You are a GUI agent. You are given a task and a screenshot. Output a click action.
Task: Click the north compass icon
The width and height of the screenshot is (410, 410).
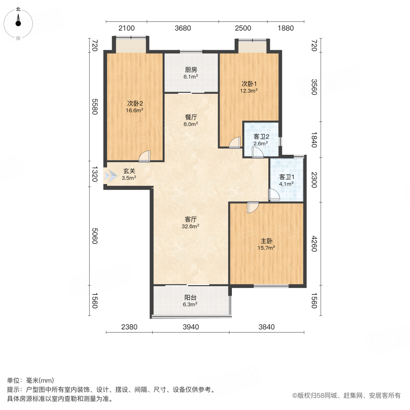pyautogui.click(x=18, y=22)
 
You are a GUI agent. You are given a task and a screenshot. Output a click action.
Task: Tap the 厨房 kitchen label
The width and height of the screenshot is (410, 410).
pyautogui.click(x=191, y=70)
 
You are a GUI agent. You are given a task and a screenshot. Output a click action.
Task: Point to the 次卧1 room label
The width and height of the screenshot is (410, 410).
pyautogui.click(x=249, y=84)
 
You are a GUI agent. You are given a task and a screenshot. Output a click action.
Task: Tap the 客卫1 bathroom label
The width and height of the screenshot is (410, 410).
pyautogui.click(x=287, y=177)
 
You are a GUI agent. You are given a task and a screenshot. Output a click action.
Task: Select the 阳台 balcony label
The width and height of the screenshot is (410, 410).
pyautogui.click(x=191, y=297)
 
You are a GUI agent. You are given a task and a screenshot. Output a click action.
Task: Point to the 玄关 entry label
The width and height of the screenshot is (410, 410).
pyautogui.click(x=128, y=171)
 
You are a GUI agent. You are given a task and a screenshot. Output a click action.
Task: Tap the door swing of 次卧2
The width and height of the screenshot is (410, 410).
pyautogui.click(x=144, y=156)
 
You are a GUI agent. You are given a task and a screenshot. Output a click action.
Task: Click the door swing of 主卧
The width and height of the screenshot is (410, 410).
pyautogui.click(x=252, y=208)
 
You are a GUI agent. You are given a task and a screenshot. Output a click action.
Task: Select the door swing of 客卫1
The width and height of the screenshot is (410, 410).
pyautogui.click(x=274, y=195)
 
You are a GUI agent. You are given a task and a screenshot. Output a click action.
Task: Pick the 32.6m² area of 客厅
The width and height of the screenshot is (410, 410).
pyautogui.click(x=191, y=225)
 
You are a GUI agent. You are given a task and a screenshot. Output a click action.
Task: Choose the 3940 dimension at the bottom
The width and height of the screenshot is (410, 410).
pyautogui.click(x=190, y=326)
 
